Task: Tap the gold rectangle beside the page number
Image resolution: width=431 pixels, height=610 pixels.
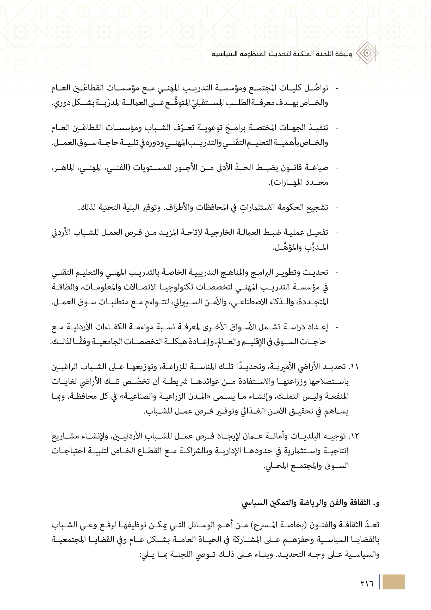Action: coord(393,582)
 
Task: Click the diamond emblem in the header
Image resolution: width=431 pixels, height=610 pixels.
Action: coord(367,53)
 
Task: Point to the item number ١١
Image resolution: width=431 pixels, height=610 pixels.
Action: coord(354,367)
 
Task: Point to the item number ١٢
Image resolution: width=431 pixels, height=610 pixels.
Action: coord(354,436)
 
